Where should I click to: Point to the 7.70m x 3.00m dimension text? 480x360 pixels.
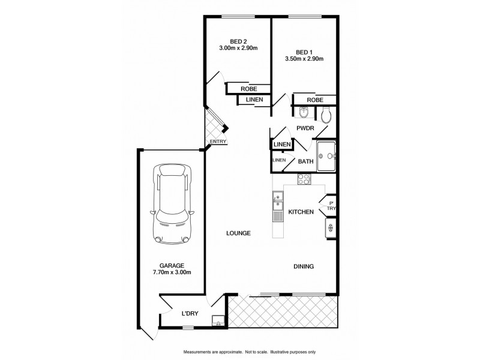click(172, 272)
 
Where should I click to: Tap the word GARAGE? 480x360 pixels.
click(172, 265)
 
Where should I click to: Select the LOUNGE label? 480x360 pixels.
click(238, 233)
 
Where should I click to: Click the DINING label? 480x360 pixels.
click(304, 266)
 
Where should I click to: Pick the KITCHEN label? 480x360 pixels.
click(301, 212)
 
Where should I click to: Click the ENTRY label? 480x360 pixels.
click(218, 142)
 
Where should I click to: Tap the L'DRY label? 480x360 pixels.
click(190, 313)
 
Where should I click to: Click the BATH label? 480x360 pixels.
click(305, 161)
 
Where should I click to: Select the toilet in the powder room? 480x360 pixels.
click(326, 114)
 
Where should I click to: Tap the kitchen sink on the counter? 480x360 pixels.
click(278, 201)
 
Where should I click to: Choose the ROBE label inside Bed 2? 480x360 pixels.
click(248, 89)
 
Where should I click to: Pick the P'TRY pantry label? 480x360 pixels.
click(331, 205)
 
